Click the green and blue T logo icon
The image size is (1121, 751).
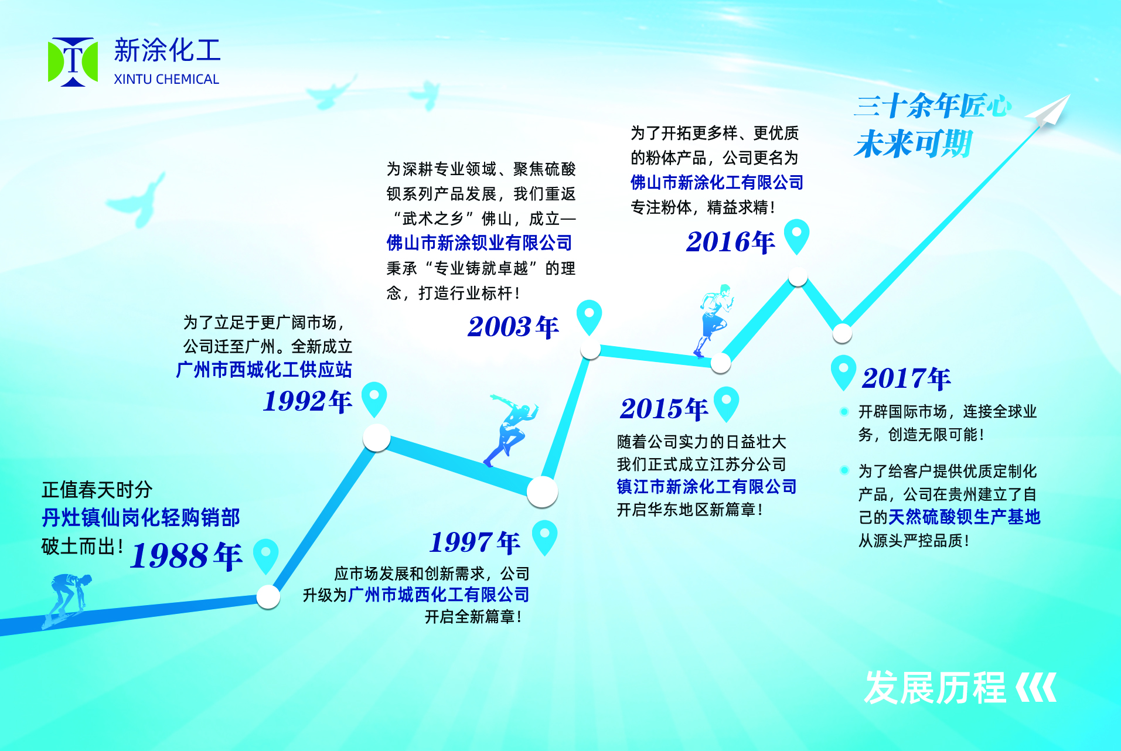[x=73, y=62]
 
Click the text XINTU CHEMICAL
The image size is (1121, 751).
[x=166, y=80]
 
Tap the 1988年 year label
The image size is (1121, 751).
[x=186, y=555]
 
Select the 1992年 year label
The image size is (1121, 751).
[x=308, y=401]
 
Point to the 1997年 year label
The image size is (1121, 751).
[x=475, y=542]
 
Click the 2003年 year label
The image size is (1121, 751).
[x=513, y=327]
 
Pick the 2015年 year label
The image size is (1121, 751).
[x=664, y=409]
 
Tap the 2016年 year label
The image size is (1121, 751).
[x=731, y=242]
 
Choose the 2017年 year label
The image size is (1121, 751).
[x=907, y=378]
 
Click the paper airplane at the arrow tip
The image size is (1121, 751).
[x=1049, y=111]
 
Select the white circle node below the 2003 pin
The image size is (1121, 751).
[x=591, y=350]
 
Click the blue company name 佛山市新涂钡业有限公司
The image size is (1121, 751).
[x=479, y=243]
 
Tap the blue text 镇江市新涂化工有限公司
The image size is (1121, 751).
[x=707, y=487]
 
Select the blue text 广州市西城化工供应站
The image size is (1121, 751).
[x=264, y=370]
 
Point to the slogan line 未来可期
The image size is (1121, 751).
[x=914, y=144]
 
